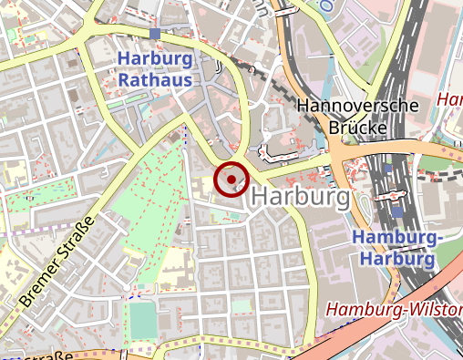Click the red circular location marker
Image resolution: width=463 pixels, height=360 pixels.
231,179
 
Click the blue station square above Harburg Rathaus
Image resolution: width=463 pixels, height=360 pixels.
156,34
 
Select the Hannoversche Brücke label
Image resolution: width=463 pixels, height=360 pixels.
358,116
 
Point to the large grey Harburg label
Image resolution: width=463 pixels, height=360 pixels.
299,197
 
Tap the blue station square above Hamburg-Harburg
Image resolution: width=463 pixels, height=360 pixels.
396,212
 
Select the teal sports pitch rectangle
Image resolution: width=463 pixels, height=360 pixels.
141,320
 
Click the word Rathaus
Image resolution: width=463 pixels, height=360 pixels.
156,80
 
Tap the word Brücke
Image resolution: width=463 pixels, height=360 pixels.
358,127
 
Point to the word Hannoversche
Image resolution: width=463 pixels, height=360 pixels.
358,105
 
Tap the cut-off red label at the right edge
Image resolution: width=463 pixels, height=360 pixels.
451,98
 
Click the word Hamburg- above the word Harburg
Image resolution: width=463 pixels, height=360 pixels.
396,237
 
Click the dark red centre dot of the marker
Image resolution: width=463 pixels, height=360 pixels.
231,179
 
